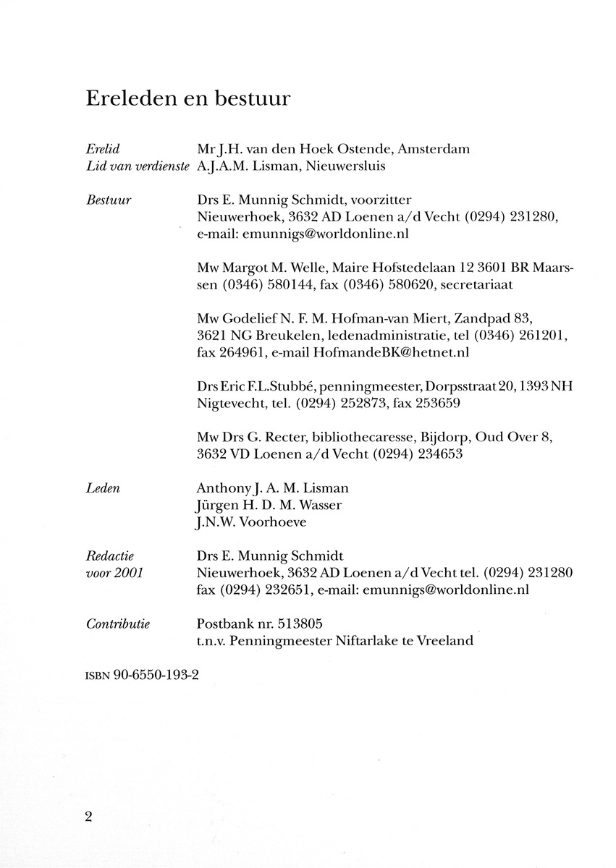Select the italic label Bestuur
point(108,200)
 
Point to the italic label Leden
point(103,489)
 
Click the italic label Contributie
point(117,624)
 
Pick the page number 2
point(89,817)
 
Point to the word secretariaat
point(473,285)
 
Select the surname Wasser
point(324,505)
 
